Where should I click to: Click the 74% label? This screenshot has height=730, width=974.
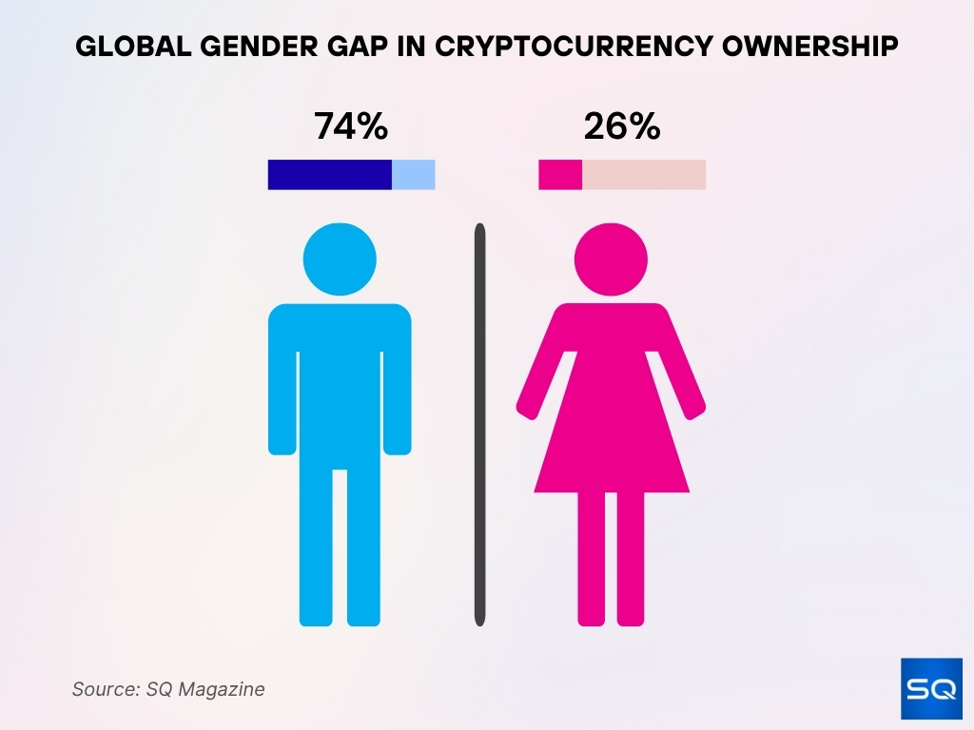point(351,126)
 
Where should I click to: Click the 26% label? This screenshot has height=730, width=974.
point(622,126)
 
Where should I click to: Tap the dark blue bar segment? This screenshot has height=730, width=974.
point(329,175)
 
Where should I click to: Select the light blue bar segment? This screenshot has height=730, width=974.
point(414,175)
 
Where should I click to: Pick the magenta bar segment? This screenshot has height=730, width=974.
point(560,175)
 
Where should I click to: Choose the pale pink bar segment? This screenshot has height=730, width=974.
point(644,175)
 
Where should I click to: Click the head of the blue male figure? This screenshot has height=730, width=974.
point(340,259)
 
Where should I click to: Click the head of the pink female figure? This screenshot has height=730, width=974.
point(611,259)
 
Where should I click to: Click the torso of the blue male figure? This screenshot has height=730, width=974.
point(340,380)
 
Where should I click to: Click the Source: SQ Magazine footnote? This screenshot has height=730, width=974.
point(168,689)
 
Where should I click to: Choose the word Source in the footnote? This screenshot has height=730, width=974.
point(102,689)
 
